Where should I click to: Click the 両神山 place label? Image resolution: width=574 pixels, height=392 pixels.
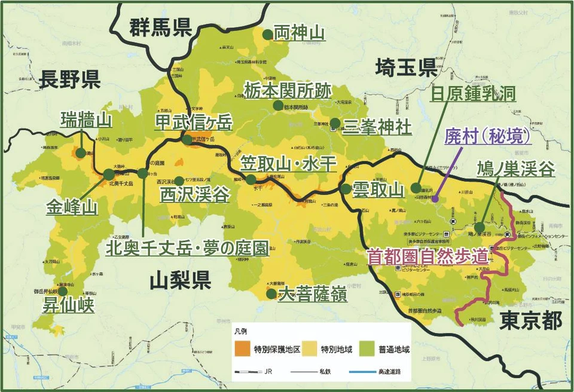click(x=299, y=32)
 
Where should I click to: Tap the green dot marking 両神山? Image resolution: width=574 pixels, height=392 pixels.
click(x=267, y=34)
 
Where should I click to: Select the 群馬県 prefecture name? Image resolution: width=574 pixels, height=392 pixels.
click(x=160, y=28)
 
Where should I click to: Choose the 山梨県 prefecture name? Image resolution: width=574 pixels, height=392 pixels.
click(x=179, y=279)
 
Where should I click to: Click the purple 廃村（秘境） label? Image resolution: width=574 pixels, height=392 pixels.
click(x=488, y=137)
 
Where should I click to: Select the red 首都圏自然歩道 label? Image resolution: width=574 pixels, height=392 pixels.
click(x=428, y=256)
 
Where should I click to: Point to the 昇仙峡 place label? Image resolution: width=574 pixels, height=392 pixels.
click(x=68, y=305)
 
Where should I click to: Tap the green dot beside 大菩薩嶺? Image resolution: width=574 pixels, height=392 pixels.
click(x=271, y=293)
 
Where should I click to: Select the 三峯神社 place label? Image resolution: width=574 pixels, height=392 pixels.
click(x=377, y=127)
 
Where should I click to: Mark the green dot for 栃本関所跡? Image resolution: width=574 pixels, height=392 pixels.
click(x=277, y=105)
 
